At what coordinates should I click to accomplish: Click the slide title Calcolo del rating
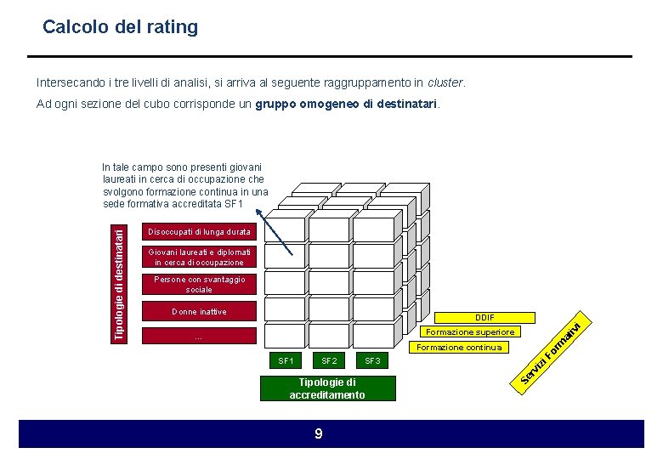point(120,27)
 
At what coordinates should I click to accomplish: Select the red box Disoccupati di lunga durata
point(199,232)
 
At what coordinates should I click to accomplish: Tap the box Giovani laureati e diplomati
point(199,257)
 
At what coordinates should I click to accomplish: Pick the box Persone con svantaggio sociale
point(199,284)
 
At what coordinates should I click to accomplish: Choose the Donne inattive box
point(199,312)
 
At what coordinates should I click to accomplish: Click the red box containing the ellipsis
point(199,337)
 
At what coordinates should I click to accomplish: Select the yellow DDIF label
point(484,317)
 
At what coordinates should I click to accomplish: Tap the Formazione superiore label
point(470,332)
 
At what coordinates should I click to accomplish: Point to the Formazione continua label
point(457,347)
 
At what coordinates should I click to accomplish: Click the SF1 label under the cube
point(286,361)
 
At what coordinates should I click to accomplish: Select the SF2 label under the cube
point(329,361)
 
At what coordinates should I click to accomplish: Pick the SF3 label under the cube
point(371,361)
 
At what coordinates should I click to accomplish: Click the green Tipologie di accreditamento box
point(327,388)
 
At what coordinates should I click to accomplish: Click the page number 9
point(319,434)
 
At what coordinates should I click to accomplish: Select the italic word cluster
point(445,83)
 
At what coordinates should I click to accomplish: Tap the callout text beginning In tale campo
point(184,185)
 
